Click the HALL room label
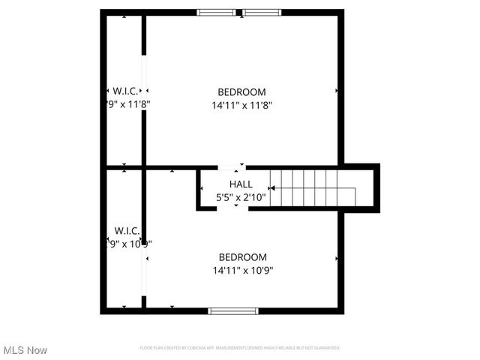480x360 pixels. [x=241, y=184]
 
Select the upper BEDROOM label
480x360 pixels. [x=241, y=92]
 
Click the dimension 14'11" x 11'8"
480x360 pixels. [x=241, y=106]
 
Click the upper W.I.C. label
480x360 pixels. [x=125, y=91]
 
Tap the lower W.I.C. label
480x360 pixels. [x=127, y=229]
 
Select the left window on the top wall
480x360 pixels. [x=216, y=12]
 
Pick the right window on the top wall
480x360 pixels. [x=262, y=12]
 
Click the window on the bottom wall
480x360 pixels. [x=233, y=310]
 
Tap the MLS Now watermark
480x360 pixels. [x=25, y=350]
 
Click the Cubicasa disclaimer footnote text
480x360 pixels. [x=240, y=348]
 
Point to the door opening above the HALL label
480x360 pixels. [x=230, y=167]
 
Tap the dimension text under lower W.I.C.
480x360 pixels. [x=127, y=243]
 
